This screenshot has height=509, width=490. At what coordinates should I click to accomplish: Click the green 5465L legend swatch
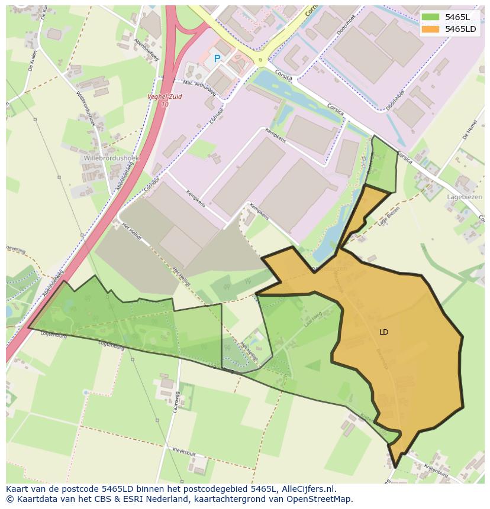pyautogui.click(x=430, y=17)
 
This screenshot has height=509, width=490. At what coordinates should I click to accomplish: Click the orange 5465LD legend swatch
pyautogui.click(x=430, y=29)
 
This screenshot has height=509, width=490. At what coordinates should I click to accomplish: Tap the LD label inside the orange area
pyautogui.click(x=383, y=332)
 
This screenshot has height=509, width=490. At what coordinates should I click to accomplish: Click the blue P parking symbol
pyautogui.click(x=217, y=59)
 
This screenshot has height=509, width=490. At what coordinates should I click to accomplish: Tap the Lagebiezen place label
pyautogui.click(x=465, y=197)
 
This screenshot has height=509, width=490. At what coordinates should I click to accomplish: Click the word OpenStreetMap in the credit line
pyautogui.click(x=321, y=499)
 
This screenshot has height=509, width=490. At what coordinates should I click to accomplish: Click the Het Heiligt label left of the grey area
pyautogui.click(x=131, y=231)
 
